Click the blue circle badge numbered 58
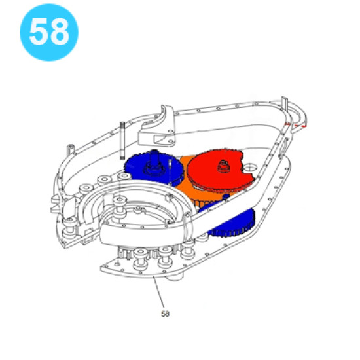pos(49,32)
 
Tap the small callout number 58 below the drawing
pos(166,314)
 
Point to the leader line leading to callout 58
pos(159,292)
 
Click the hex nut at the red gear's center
pos(223,166)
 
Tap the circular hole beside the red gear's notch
pos(250,167)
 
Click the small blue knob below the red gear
pos(226,197)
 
